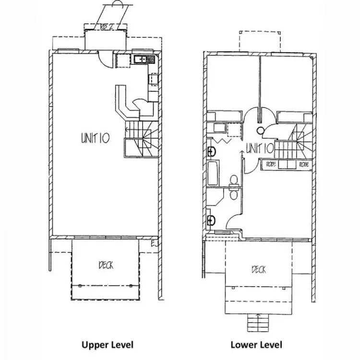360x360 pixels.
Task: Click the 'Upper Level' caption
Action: pos(107,344)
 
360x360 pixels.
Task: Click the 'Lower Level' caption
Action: pos(256,344)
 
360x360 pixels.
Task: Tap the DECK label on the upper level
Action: pos(107,264)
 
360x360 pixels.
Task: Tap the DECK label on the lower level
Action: pos(259,270)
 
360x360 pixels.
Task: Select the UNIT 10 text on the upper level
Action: pos(96,139)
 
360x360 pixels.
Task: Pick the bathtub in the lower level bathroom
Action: pos(213,173)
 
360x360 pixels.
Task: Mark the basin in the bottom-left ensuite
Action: pos(212,220)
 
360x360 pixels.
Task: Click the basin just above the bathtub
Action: pos(212,151)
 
